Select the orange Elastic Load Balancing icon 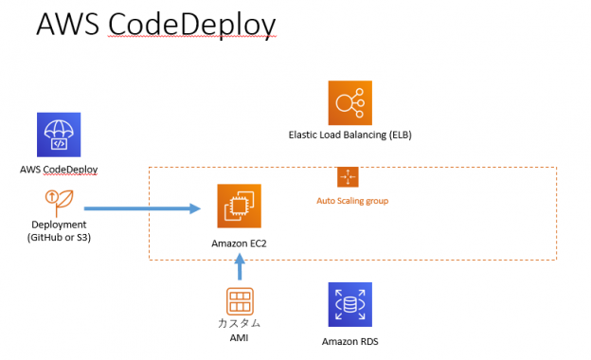click(x=349, y=102)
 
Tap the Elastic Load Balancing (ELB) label click(x=349, y=135)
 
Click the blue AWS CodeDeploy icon click(x=59, y=135)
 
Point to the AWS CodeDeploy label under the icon click(x=59, y=170)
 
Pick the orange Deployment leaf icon click(x=58, y=202)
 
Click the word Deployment click(x=59, y=225)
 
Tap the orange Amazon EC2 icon click(x=239, y=207)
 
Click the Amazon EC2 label click(x=239, y=243)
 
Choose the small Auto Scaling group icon click(x=348, y=177)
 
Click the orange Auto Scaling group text click(x=352, y=201)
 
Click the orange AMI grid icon click(x=239, y=302)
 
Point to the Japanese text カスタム click(x=239, y=324)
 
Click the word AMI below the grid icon click(x=239, y=337)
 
